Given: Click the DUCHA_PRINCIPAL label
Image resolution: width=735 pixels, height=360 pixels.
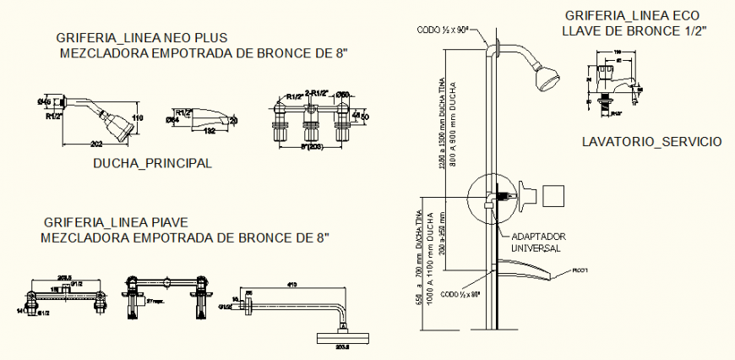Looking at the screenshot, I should pyautogui.click(x=152, y=163).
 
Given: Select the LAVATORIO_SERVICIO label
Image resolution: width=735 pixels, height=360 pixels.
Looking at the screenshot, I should pyautogui.click(x=651, y=141).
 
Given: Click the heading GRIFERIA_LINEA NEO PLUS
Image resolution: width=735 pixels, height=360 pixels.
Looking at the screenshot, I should pyautogui.click(x=142, y=38).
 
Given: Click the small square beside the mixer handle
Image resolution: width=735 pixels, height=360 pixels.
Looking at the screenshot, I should pyautogui.click(x=555, y=195).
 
